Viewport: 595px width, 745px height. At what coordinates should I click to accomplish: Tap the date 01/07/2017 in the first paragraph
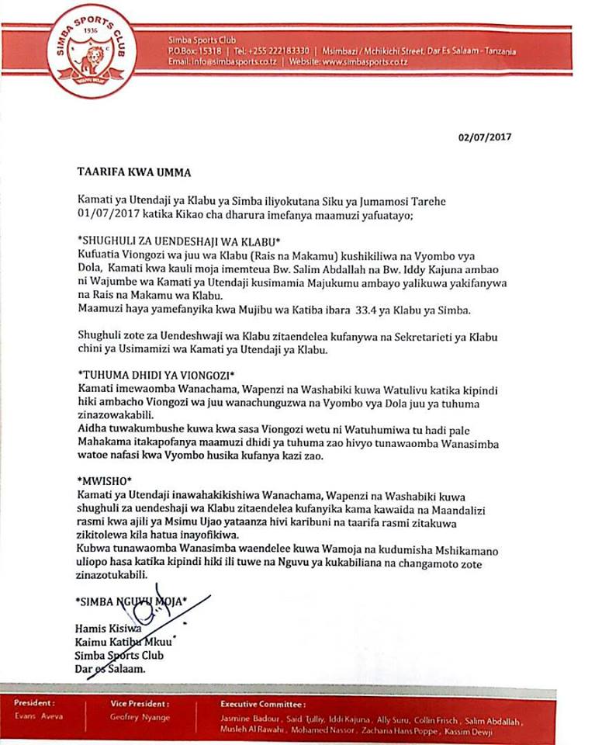pos(107,213)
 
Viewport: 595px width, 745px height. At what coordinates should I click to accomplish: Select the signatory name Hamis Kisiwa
pos(108,628)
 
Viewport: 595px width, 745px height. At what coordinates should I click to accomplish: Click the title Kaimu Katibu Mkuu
pos(123,641)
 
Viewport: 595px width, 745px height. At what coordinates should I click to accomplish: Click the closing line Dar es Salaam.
pos(110,667)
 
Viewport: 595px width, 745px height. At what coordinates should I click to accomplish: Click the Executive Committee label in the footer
pos(252,704)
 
